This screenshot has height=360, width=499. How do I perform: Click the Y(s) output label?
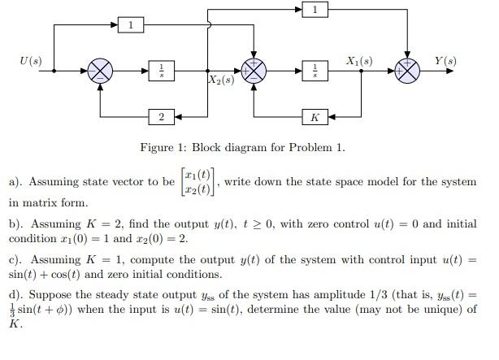[445, 61]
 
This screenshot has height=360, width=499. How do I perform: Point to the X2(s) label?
[222, 81]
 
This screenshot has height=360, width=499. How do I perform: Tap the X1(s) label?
[359, 61]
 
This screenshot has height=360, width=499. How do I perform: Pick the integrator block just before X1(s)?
[315, 71]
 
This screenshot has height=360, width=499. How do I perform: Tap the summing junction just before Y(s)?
[406, 71]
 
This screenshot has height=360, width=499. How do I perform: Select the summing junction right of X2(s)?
[254, 71]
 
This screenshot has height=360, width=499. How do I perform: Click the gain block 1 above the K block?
[315, 10]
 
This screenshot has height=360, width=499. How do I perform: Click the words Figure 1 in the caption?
[165, 148]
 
